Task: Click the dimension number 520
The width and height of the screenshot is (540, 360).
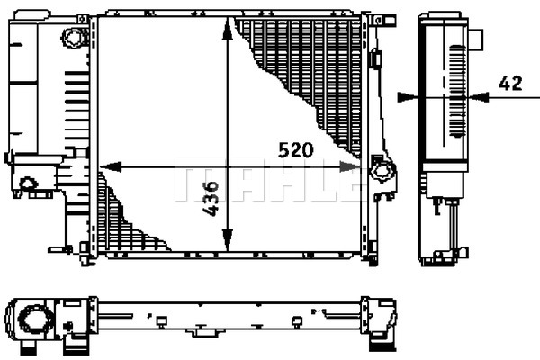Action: (296, 150)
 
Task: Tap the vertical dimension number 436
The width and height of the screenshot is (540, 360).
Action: (211, 199)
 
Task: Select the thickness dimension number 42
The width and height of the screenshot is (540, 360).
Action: (510, 84)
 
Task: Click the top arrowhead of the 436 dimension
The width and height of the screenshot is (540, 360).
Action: (227, 30)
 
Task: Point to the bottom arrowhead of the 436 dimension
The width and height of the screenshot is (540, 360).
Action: (227, 239)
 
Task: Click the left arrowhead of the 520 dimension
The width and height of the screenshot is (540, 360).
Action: (111, 167)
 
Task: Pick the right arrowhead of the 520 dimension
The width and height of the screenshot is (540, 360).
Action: (350, 167)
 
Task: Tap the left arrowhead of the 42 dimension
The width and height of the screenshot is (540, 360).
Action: (408, 97)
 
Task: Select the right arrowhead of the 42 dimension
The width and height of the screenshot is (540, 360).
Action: (479, 97)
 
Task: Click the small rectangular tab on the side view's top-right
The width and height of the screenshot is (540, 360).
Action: (475, 40)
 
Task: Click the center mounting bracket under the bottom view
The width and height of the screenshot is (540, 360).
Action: (205, 331)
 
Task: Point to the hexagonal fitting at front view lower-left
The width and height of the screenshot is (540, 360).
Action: (29, 184)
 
